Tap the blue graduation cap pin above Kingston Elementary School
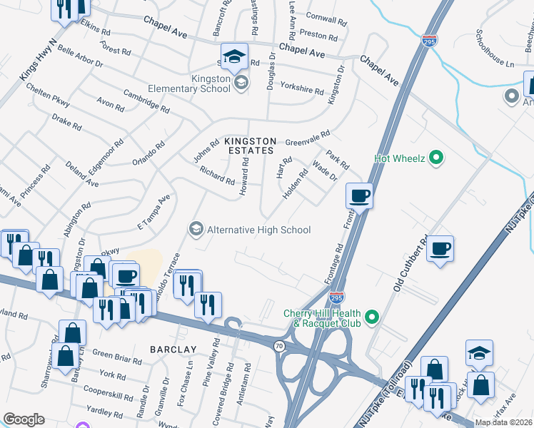(x=233, y=56)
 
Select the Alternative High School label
(x=258, y=230)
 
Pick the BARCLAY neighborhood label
(x=173, y=349)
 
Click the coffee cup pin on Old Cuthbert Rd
(x=440, y=248)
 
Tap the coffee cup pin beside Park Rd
(x=360, y=195)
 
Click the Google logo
(x=24, y=419)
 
